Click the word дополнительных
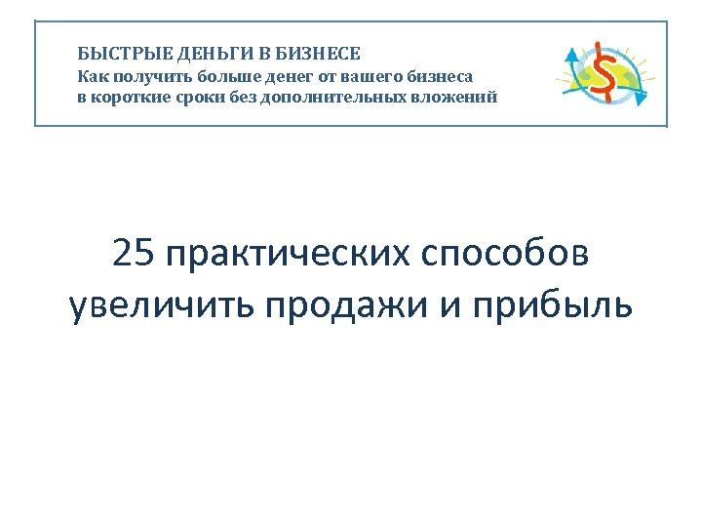338,98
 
